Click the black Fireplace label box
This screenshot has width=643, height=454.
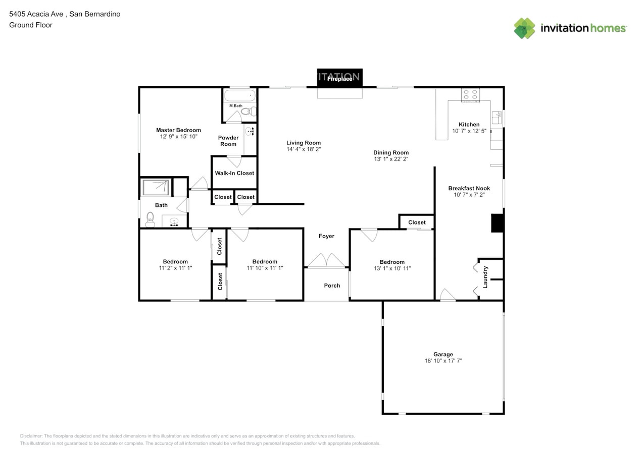339,77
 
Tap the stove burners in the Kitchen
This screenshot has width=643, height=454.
470,95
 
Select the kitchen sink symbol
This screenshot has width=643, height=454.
497,118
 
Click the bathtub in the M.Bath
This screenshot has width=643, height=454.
239,95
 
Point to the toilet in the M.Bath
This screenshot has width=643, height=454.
249,111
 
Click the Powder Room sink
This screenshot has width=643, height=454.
250,131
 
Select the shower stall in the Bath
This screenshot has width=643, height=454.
156,187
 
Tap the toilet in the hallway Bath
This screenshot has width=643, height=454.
150,219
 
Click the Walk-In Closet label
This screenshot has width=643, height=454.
234,173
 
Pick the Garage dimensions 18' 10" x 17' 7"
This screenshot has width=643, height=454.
443,361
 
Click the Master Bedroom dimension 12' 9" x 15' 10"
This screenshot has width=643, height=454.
178,136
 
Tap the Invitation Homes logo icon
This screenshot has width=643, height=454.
524,28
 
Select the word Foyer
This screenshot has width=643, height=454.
326,236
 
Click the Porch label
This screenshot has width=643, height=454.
332,286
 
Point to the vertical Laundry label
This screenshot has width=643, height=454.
485,277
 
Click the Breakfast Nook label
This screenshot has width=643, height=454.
469,188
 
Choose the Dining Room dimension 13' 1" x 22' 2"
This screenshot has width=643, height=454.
391,159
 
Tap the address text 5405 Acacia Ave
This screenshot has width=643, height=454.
36,14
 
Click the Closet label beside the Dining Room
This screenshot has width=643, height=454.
417,222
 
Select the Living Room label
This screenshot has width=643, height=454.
304,143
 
